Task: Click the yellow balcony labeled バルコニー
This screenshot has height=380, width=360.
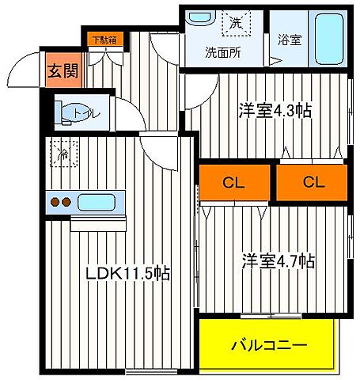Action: point(268,345)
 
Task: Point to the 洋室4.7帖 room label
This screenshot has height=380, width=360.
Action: point(278,260)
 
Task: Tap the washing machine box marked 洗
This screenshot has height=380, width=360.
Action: point(235,24)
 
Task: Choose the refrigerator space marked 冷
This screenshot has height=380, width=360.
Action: point(60,154)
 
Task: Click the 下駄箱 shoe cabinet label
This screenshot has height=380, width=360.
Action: point(100,37)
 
